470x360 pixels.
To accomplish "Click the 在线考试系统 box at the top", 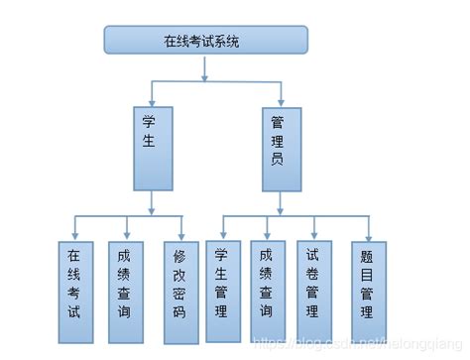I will (206, 40).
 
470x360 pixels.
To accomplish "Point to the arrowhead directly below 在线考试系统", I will (205, 73).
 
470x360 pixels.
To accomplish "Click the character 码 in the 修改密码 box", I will (179, 311).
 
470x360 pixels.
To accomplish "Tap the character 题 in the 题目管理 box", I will (367, 253).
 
